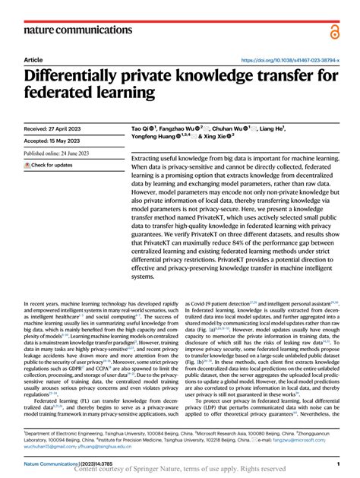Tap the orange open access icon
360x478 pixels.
[x=335, y=30]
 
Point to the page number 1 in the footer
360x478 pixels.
[x=336, y=463]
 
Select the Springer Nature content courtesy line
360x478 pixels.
[x=179, y=470]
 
